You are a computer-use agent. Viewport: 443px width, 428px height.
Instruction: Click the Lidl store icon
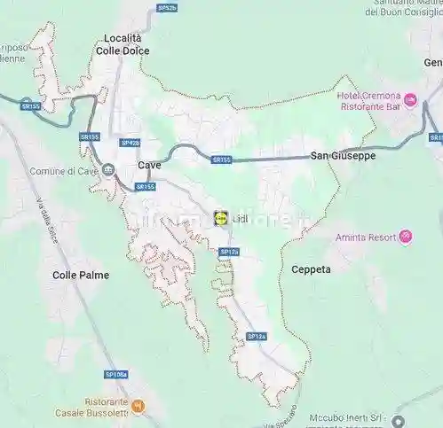(220, 217)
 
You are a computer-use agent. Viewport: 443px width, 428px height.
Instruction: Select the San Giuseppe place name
(343, 156)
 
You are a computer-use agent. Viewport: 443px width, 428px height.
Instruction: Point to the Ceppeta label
(311, 268)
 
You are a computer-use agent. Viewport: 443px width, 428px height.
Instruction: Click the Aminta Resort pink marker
(406, 237)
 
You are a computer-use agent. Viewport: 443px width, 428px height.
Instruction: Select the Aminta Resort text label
(367, 237)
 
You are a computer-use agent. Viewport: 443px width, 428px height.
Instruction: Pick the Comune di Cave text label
(62, 170)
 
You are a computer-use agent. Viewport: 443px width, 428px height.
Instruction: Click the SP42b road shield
(130, 143)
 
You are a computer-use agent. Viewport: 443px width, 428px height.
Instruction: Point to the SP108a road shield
(115, 375)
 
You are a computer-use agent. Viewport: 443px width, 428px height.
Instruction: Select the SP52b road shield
(167, 7)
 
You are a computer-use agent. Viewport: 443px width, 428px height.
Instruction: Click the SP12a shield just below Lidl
(229, 252)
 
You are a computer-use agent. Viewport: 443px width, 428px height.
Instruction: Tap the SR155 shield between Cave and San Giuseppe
(221, 160)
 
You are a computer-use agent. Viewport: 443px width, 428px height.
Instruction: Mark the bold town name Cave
(149, 165)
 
